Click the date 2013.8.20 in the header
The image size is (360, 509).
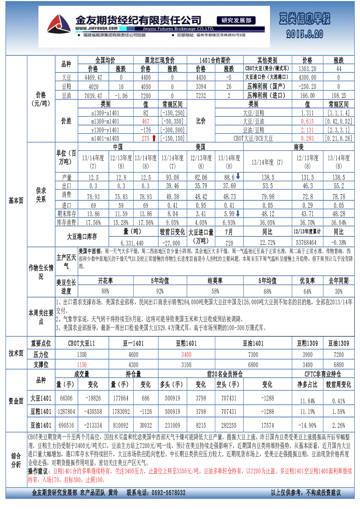tap(304, 34)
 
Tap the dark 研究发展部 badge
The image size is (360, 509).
tap(236, 20)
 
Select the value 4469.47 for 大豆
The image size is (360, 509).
tap(93, 78)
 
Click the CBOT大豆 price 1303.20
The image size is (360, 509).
tap(307, 69)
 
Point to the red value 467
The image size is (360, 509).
tap(146, 121)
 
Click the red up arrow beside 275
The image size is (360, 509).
tap(154, 138)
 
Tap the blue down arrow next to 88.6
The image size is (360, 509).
tap(238, 176)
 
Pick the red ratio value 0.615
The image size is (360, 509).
tap(307, 121)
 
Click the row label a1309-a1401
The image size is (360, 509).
tap(105, 113)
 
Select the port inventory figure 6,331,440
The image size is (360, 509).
tap(132, 243)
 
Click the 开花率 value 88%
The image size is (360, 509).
tap(105, 291)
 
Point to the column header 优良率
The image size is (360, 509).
tap(307, 281)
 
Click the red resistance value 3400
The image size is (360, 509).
tap(187, 354)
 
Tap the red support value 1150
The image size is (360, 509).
tap(82, 365)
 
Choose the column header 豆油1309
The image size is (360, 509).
tap(339, 343)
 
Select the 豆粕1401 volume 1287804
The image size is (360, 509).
tap(66, 411)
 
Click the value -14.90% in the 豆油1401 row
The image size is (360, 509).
tap(307, 425)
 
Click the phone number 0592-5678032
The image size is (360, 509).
tap(169, 492)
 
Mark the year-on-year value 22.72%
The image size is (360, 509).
tap(267, 242)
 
